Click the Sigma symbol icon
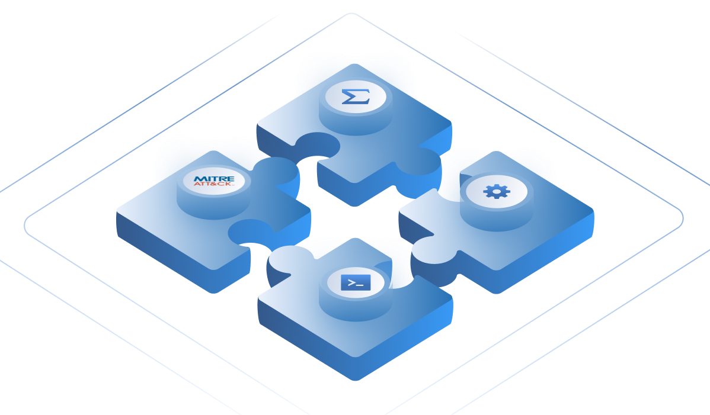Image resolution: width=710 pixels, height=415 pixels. pyautogui.click(x=355, y=96)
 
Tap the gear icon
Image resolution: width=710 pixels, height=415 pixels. pyautogui.click(x=497, y=191)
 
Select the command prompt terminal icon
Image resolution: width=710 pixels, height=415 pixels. pyautogui.click(x=355, y=282)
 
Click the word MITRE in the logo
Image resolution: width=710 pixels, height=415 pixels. pyautogui.click(x=214, y=179)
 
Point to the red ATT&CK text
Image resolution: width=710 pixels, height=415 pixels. pyautogui.click(x=214, y=185)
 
